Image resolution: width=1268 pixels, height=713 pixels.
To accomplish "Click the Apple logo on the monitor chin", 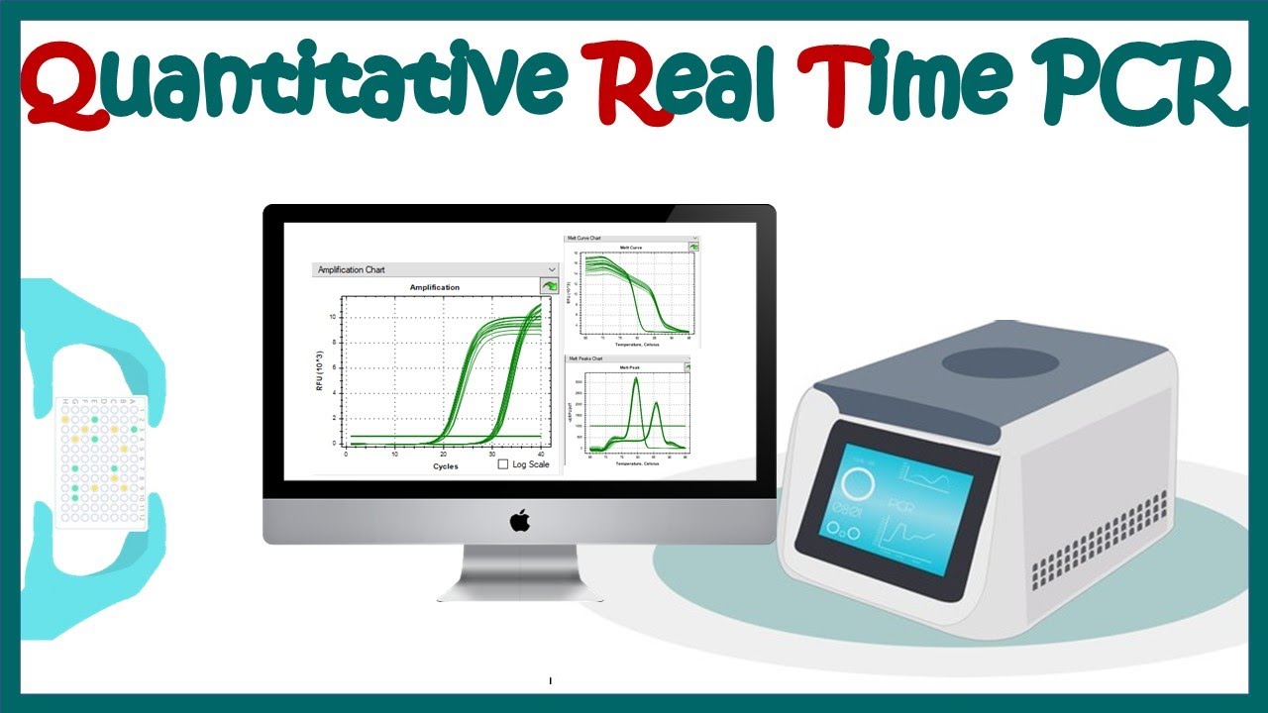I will coord(520,521).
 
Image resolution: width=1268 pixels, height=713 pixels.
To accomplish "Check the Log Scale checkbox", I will coord(503,463).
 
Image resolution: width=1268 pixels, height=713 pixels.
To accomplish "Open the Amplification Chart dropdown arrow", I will coord(552,269).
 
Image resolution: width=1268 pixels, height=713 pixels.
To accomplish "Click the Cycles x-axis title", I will coord(446,466).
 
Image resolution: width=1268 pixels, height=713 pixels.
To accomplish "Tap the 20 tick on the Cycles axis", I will coord(442,454).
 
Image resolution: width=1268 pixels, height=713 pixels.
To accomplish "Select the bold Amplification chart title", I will coord(435,287).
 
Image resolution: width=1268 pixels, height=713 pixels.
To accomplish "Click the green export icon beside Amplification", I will coord(549,286).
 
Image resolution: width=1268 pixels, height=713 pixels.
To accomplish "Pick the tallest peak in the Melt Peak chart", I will coord(636,379).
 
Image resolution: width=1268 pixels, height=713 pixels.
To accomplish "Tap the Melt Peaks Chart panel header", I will coord(584,358).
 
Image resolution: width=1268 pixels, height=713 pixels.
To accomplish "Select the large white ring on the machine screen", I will coord(858,484).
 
